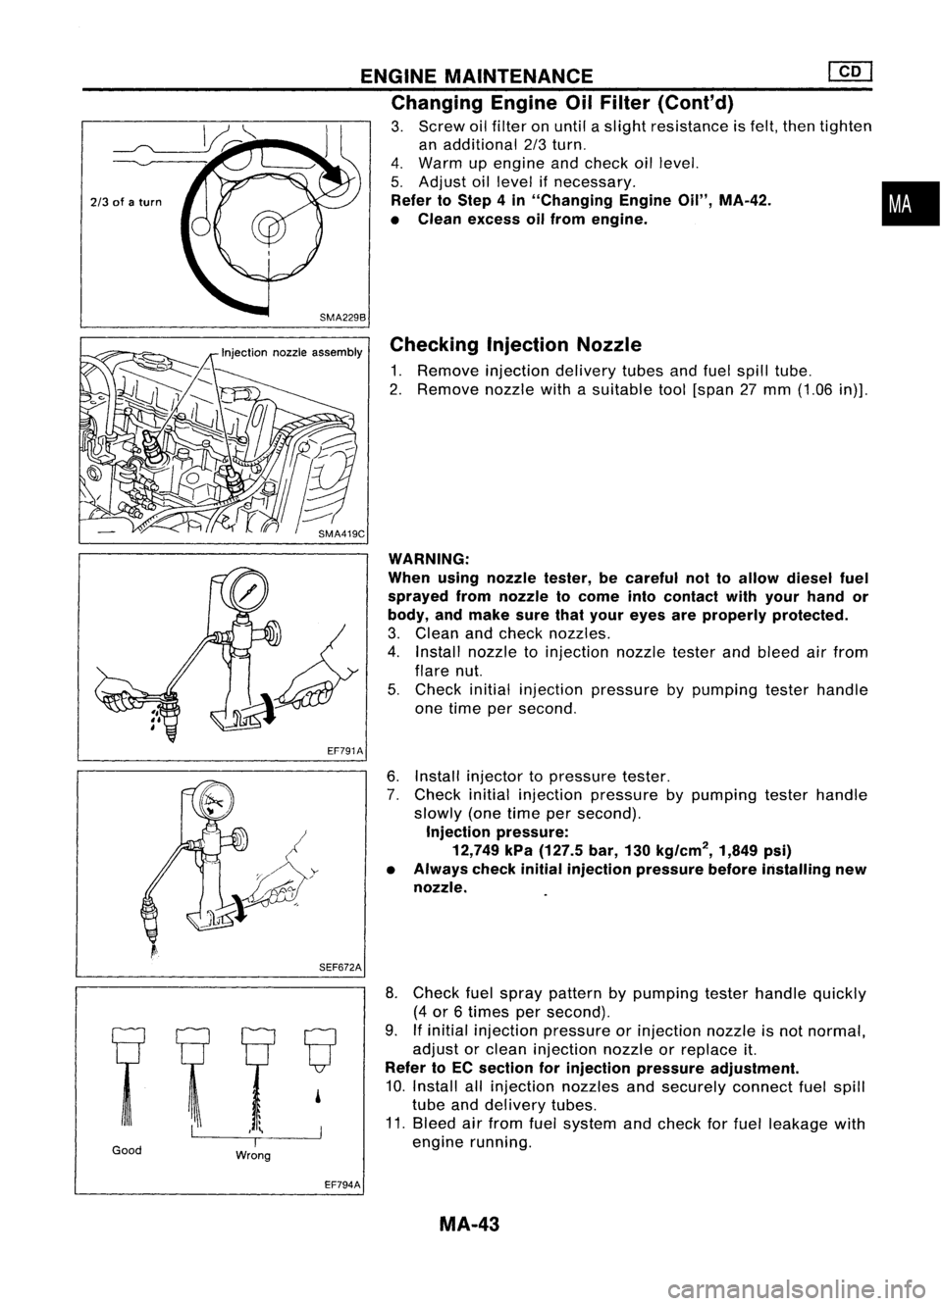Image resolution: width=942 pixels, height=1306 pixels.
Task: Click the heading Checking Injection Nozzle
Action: [515, 344]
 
